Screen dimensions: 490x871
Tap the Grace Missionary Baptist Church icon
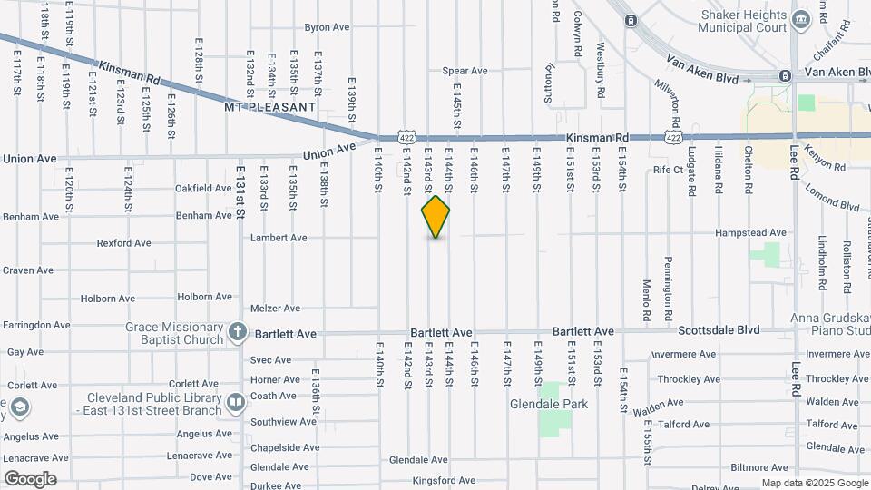pos(237,332)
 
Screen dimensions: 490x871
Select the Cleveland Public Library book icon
pos(236,401)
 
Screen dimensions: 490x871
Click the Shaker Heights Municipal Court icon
pos(800,19)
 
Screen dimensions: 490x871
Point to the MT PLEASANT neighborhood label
pos(270,107)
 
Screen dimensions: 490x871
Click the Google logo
pos(30,479)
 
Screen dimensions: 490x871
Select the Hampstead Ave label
pos(750,233)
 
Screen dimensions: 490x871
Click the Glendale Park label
pos(549,404)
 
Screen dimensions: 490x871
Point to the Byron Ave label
pos(327,27)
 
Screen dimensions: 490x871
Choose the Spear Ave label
pos(465,71)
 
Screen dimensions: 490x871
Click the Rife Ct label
pos(668,170)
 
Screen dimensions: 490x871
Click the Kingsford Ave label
pos(444,480)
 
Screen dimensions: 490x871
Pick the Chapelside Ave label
pos(285,447)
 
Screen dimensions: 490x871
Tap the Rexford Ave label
pos(123,243)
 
